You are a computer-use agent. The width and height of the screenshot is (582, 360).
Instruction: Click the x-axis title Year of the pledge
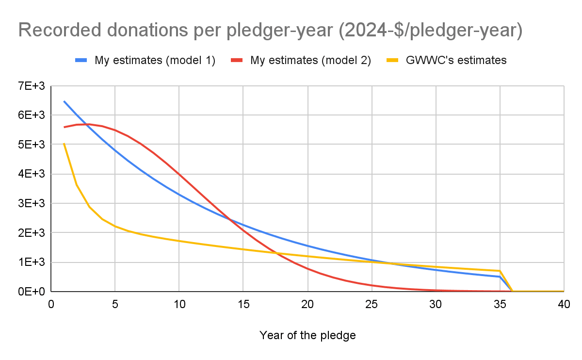pos(307,335)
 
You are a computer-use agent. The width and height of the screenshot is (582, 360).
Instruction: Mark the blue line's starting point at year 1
pos(64,101)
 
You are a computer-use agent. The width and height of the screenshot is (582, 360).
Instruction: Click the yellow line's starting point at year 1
pos(64,144)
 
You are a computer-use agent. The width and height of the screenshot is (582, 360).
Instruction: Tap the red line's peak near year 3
pos(90,124)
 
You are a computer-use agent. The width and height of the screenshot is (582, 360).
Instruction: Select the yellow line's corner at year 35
pos(500,271)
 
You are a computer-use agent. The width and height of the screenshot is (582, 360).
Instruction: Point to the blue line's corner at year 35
pos(500,277)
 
